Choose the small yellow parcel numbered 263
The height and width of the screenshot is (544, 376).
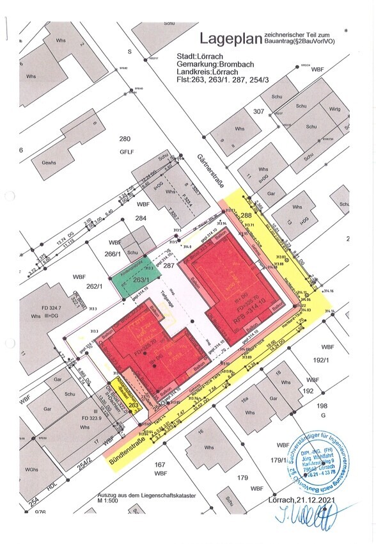pos(133,405)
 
